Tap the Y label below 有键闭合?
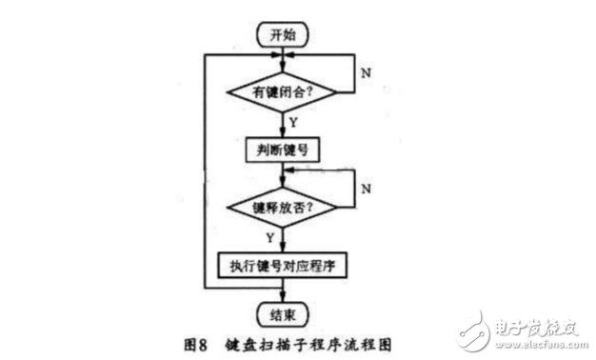tap(293, 122)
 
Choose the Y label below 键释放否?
tap(270, 236)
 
